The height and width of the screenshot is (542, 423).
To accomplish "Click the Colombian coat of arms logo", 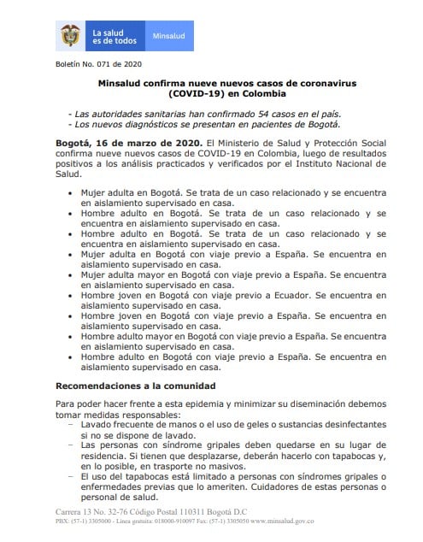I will click(71, 37).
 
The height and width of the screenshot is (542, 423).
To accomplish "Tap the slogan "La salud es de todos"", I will click(113, 37).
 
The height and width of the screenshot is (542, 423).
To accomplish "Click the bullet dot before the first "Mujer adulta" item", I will click(70, 194).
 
